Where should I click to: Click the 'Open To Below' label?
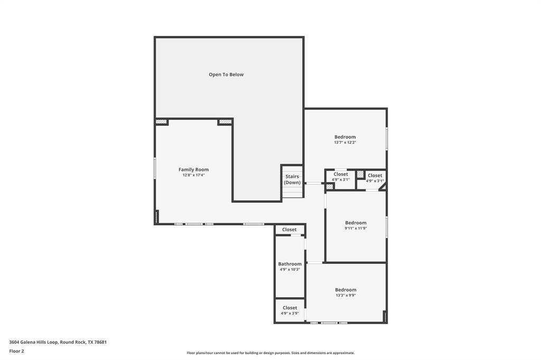point(226,74)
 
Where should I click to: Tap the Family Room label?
point(193,169)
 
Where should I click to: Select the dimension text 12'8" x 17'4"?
point(193,175)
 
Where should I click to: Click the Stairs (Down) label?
point(292,179)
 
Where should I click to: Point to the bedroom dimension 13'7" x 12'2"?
point(345,143)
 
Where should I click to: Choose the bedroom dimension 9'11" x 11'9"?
point(356,229)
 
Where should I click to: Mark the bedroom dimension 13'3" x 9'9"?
point(346,296)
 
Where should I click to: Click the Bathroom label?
point(290,264)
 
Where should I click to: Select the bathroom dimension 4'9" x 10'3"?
point(290,270)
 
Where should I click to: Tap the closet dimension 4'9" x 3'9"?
point(290,314)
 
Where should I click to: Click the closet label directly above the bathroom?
point(290,230)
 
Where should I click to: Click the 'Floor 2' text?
point(16,351)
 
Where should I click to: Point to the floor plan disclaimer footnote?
point(270,353)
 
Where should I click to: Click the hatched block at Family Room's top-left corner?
point(161,122)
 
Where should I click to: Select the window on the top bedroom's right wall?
point(387,138)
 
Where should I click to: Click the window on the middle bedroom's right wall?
point(387,227)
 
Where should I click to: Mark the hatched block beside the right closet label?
point(360,174)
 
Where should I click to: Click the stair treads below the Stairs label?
point(292,192)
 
